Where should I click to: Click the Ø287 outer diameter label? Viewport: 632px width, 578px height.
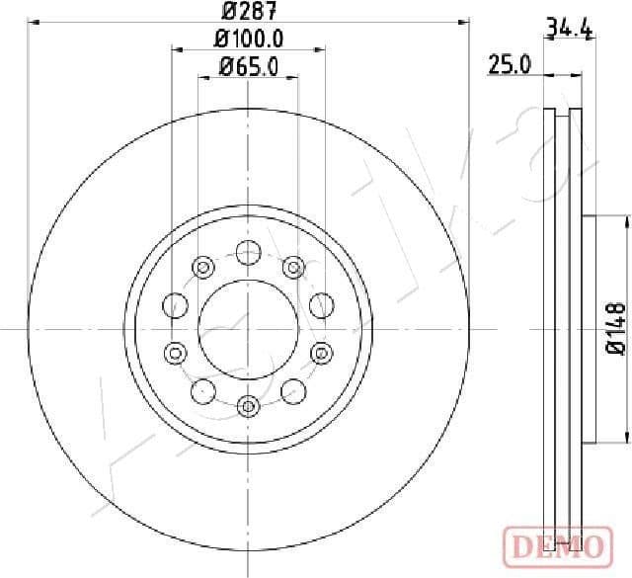pos(248,13)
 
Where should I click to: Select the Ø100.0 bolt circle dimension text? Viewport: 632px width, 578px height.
pos(249,39)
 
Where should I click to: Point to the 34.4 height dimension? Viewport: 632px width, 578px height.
pos(570,30)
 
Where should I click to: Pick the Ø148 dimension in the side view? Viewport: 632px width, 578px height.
pos(613,328)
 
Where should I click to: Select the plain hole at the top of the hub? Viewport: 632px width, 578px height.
pos(248,254)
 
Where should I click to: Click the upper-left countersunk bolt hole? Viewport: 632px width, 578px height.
pos(203,267)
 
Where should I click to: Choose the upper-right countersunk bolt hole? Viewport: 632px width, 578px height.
pos(292,267)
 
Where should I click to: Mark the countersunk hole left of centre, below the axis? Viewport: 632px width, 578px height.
pos(176,351)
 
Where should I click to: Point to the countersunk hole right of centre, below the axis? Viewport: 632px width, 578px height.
pos(320,351)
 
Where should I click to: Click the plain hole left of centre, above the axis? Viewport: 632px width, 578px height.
pos(176,305)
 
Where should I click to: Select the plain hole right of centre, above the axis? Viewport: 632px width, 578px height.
pos(320,305)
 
